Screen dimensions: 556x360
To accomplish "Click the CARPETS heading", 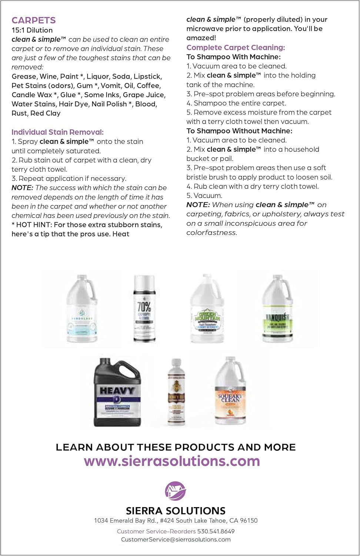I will point(34,20).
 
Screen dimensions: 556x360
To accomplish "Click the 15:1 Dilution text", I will point(32,30).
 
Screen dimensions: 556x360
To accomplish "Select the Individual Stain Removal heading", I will point(57,132).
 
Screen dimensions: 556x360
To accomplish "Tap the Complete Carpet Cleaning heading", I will point(236,47).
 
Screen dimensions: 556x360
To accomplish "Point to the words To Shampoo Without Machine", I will point(239,131).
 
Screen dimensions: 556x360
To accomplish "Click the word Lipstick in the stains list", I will point(147,76).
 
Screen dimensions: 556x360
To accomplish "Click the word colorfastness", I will point(211,233).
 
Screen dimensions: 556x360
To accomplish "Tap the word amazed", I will point(200,38).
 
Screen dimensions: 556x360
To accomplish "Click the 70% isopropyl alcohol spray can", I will point(144,308).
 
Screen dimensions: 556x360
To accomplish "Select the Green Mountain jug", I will point(207,309).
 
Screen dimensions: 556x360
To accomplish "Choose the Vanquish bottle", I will point(277,309).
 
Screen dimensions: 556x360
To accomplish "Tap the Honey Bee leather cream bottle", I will point(176,392).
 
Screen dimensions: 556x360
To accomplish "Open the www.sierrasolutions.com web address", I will point(172,461).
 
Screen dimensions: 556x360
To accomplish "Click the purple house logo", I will point(175,491).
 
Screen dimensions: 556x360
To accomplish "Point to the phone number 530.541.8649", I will point(216,531).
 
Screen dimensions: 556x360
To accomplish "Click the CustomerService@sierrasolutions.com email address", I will point(176,540).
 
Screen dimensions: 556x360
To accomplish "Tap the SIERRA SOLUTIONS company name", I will point(176,511).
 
